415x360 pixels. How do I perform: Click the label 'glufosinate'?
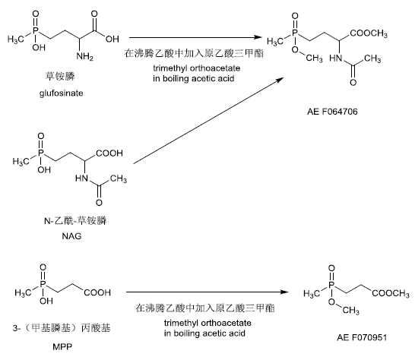point(61,93)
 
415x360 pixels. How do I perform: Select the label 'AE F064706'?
point(332,112)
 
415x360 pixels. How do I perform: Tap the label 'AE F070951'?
point(362,337)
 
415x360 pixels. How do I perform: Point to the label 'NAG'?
point(71,236)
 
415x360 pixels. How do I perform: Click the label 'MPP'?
point(62,346)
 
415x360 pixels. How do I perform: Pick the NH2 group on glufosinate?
point(84,56)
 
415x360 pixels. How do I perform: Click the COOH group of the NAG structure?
point(109,153)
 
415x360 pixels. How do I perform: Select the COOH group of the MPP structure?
point(97,292)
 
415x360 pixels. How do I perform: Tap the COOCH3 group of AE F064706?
point(369,33)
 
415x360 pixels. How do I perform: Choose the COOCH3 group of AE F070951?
point(391,293)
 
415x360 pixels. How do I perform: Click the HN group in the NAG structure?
point(81,178)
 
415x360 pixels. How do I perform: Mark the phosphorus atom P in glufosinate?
point(36,30)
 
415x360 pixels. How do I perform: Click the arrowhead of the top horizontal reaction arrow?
point(258,37)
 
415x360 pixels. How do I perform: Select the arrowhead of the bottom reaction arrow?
point(284,292)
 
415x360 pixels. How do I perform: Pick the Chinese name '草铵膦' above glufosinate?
point(60,76)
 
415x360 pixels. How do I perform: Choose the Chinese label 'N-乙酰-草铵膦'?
point(75,220)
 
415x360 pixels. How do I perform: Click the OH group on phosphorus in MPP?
point(46,301)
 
